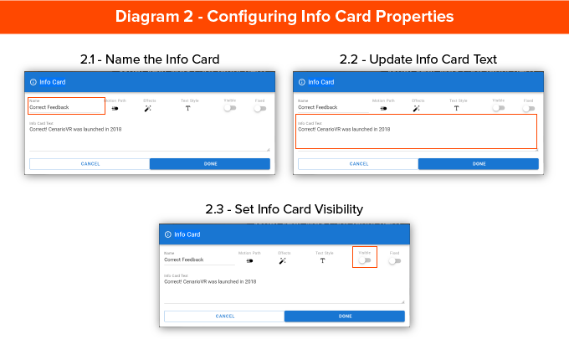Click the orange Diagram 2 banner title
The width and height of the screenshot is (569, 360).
284,17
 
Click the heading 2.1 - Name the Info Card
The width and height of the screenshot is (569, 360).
150,59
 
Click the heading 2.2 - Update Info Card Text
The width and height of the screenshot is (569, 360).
418,59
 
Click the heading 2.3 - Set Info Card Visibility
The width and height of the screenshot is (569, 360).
284,209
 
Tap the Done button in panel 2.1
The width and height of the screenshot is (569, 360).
210,164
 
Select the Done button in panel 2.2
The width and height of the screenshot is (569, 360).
479,164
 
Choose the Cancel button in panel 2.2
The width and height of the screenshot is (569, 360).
358,164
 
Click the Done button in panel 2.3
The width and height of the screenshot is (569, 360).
345,316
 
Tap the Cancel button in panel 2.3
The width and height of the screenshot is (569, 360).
224,316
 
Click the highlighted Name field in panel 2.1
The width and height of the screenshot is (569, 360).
66,105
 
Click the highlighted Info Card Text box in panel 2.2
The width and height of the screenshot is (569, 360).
416,131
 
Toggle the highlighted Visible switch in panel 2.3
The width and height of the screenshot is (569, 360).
364,260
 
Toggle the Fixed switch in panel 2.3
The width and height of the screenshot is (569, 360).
394,260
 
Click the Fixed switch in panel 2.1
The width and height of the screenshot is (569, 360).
259,108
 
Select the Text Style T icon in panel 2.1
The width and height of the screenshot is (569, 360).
187,108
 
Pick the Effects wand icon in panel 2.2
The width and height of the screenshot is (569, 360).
417,108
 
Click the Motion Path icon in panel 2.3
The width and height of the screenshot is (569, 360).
249,260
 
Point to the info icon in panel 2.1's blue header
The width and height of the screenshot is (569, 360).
33,82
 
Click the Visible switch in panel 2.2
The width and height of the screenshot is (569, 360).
498,108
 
